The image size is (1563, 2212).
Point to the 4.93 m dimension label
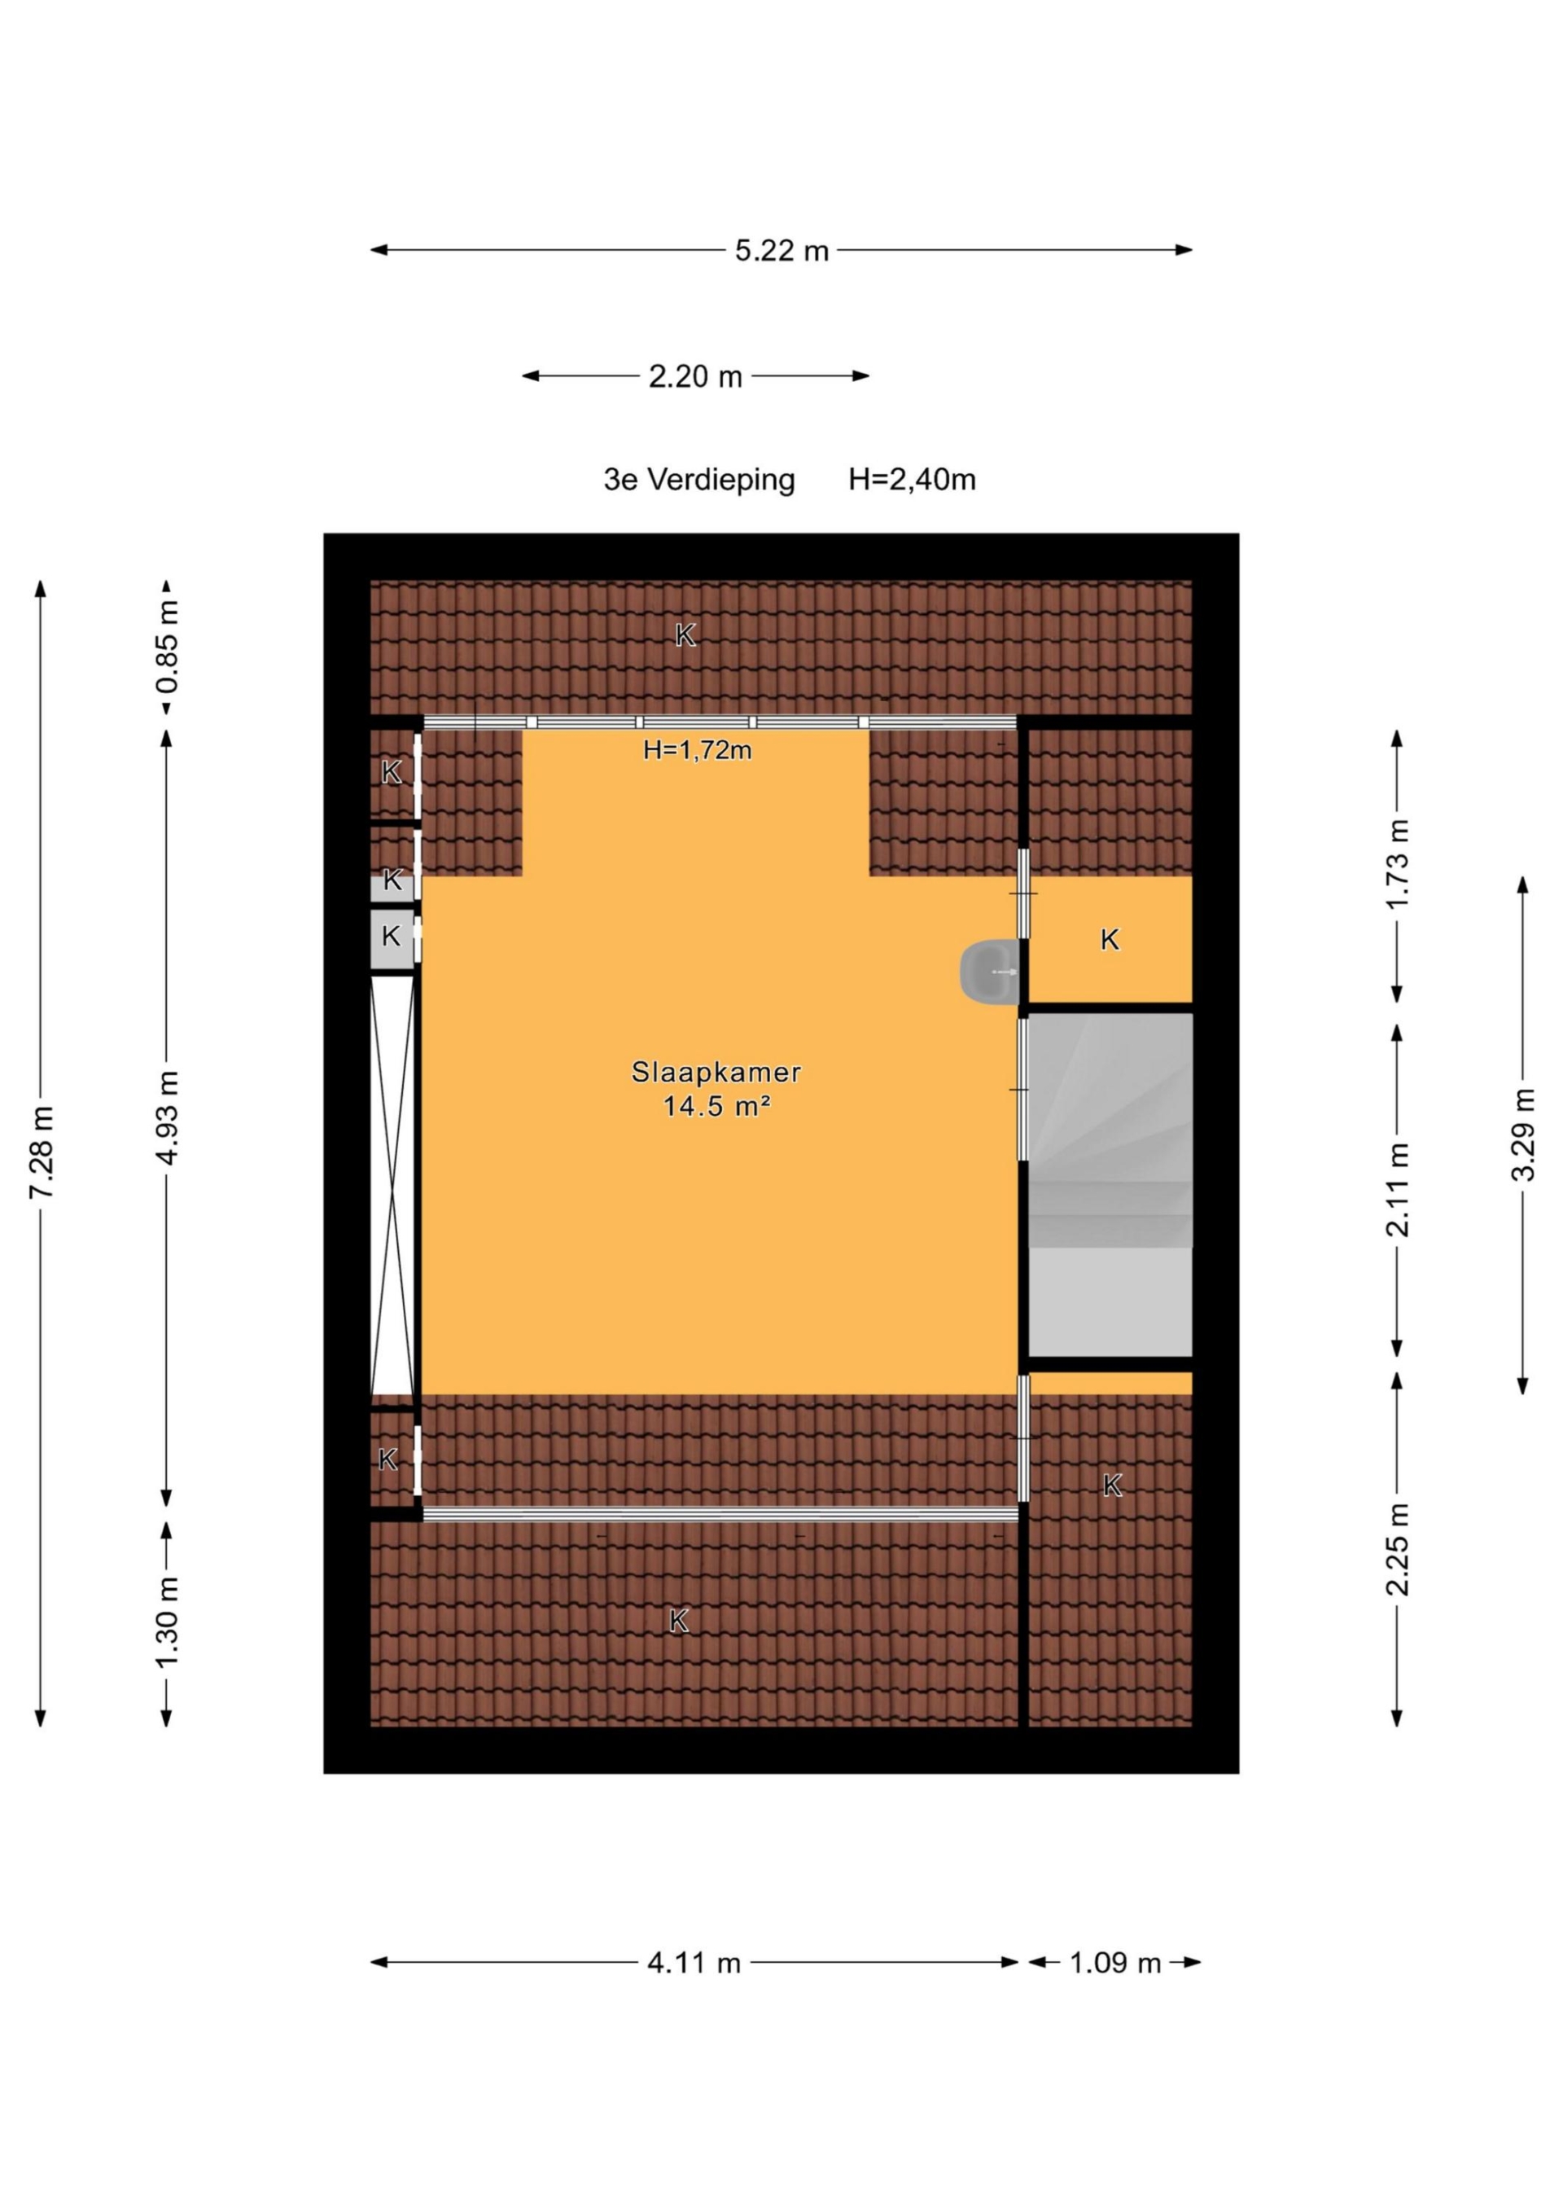coord(168,1117)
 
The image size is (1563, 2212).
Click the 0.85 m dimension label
coord(168,647)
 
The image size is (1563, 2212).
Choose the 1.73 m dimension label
coord(1398,863)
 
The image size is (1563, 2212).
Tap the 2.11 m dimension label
coord(1398,1189)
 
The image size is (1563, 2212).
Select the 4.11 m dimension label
coord(694,1963)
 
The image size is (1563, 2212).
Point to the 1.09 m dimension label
coord(1115,1963)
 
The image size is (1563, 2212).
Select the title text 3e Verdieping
coord(699,479)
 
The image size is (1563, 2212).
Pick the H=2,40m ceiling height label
coord(912,479)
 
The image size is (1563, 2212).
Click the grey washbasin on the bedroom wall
coord(989,972)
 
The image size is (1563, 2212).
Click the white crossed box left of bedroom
coord(393,1184)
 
